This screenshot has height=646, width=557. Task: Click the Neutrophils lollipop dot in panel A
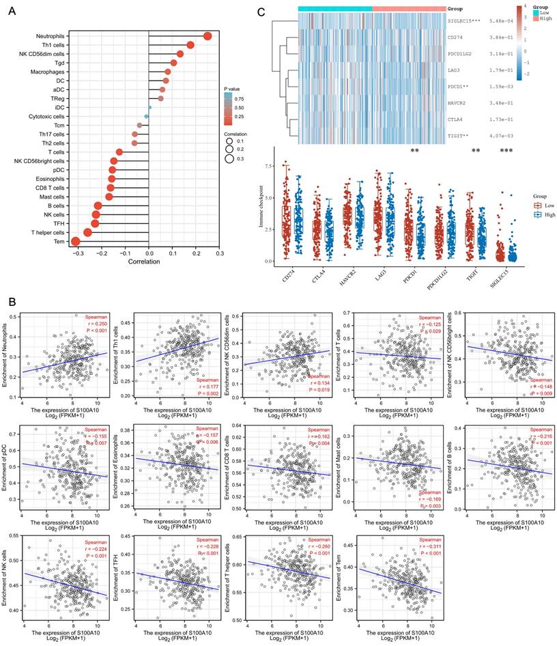208,36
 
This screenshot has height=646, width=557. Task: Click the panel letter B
10,300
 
